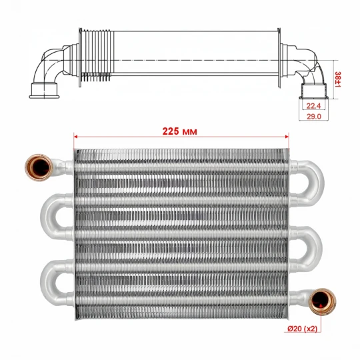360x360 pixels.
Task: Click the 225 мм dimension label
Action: click(179, 131)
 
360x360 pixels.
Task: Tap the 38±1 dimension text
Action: click(338, 79)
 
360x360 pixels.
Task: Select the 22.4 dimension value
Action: click(313, 106)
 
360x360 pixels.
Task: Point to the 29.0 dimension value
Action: click(313, 117)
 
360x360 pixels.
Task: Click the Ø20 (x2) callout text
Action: click(303, 329)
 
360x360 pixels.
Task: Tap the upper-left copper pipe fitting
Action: click(39, 167)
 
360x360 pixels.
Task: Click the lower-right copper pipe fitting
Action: click(322, 302)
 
